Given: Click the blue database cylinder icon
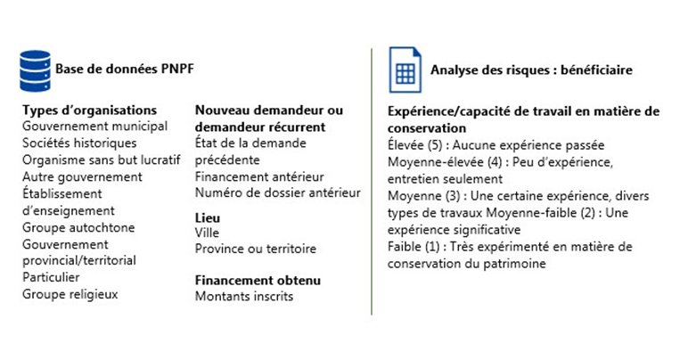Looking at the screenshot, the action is click(x=35, y=69).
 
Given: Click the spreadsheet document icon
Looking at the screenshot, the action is click(x=404, y=70).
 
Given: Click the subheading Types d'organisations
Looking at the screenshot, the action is click(x=90, y=110).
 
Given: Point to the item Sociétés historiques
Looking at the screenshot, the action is click(x=79, y=143).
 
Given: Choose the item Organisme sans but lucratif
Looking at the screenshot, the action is click(x=101, y=160).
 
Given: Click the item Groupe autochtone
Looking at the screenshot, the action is click(x=78, y=227).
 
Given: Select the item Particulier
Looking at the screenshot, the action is click(x=54, y=277).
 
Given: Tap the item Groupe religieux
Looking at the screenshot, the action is click(x=70, y=293).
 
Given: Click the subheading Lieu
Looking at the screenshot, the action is click(x=207, y=217).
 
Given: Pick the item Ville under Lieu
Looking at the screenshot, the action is click(x=209, y=233).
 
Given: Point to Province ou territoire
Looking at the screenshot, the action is click(x=255, y=249).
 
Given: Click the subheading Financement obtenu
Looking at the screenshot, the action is click(x=258, y=280).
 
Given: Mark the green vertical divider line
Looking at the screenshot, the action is click(x=372, y=178).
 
